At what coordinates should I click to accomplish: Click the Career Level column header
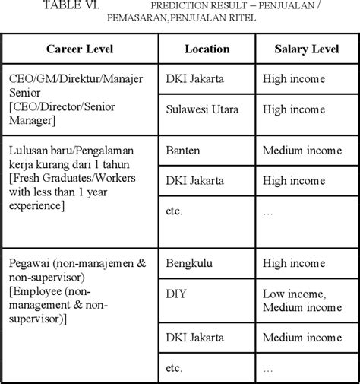click(x=79, y=49)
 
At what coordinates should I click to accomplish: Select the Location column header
click(x=207, y=49)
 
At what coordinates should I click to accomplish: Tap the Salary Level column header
click(x=305, y=49)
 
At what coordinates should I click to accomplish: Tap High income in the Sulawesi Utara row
click(x=293, y=109)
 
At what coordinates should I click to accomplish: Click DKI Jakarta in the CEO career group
click(x=194, y=78)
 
